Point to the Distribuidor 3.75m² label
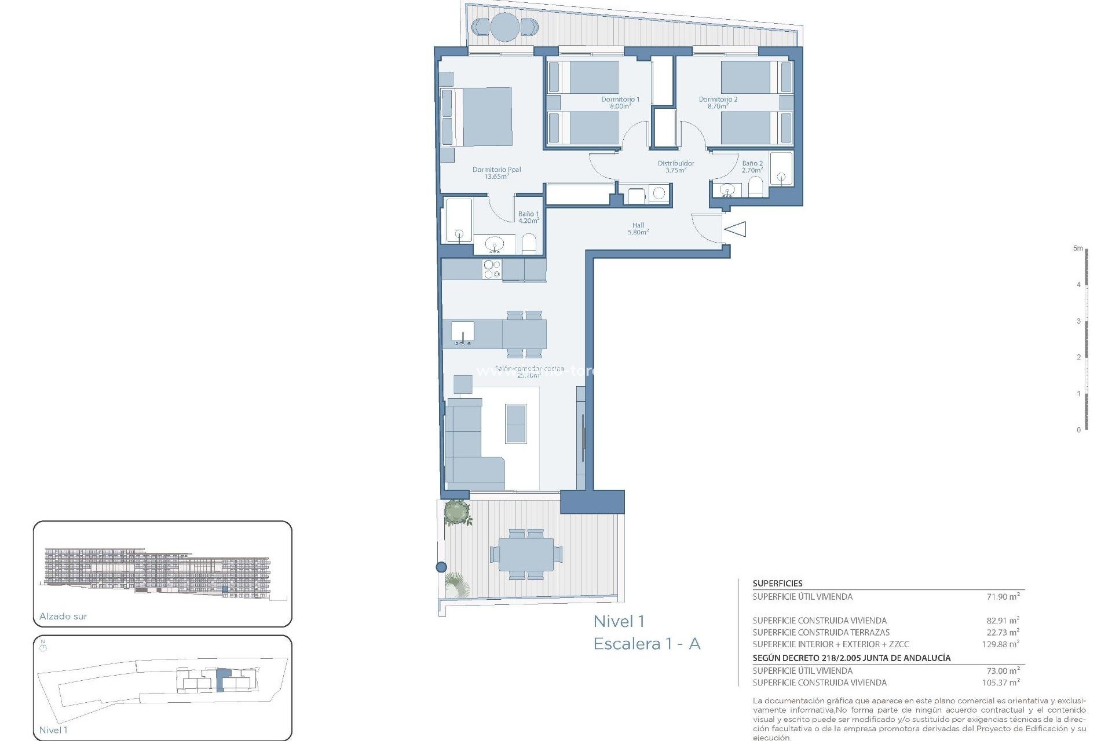(x=676, y=167)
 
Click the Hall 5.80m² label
(x=638, y=229)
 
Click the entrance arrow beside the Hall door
(x=735, y=229)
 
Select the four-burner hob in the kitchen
(x=492, y=269)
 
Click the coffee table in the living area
(x=516, y=424)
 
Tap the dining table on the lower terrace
(x=526, y=554)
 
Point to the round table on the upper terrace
(x=504, y=27)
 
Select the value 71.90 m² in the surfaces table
(x=1003, y=596)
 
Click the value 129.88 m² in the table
(x=1000, y=644)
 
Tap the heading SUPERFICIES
(x=777, y=584)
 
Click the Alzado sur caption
(x=63, y=617)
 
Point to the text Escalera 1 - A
(x=647, y=644)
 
